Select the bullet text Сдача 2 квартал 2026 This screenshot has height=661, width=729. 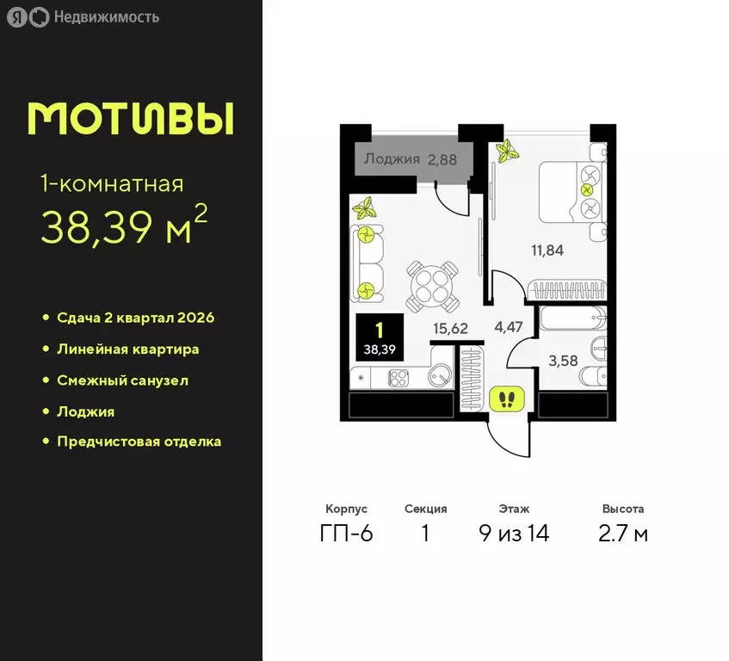(x=135, y=318)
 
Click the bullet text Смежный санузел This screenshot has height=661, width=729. (x=122, y=380)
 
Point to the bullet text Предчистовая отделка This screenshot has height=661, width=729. (x=139, y=442)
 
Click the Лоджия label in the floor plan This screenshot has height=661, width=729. (x=392, y=158)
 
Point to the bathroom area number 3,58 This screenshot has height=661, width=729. (x=563, y=361)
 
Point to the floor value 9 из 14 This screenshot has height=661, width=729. (x=514, y=534)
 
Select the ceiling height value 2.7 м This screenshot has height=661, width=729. (x=623, y=534)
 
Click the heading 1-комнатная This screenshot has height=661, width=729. (x=112, y=183)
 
